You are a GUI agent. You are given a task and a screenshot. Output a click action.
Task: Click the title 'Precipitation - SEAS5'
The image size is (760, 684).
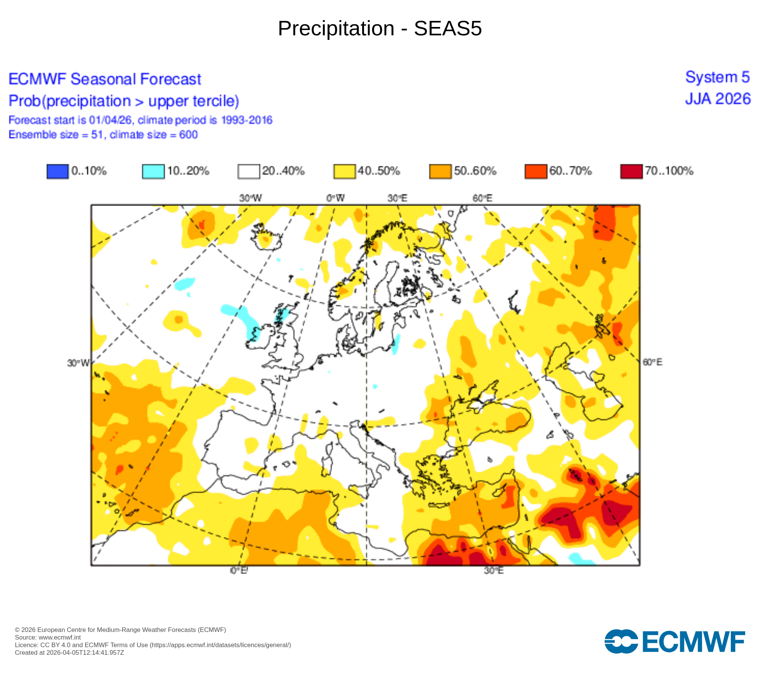click(x=380, y=28)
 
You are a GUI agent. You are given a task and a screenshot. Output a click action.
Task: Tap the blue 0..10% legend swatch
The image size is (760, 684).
click(x=57, y=171)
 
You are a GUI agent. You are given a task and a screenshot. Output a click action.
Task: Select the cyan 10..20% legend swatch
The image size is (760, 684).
click(x=153, y=171)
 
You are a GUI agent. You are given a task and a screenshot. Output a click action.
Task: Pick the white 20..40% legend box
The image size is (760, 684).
click(x=249, y=171)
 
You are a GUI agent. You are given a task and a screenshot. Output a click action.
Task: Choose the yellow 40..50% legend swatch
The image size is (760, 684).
click(x=344, y=171)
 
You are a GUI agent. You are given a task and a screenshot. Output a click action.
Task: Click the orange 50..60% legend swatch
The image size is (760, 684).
click(x=440, y=171)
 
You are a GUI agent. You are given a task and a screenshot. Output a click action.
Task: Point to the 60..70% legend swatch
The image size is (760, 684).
click(x=535, y=171)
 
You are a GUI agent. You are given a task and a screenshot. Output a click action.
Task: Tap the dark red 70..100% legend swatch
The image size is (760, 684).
click(x=631, y=171)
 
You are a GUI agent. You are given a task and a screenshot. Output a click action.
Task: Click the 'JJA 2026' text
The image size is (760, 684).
click(x=718, y=99)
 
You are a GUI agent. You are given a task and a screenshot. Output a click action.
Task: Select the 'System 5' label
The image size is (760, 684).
click(x=717, y=77)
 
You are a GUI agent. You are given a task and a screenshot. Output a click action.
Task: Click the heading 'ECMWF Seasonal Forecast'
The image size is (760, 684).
click(x=105, y=79)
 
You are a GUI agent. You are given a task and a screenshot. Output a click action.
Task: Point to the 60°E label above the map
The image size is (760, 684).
click(x=482, y=198)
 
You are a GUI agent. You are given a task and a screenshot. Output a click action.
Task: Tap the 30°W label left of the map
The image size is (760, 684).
click(x=78, y=363)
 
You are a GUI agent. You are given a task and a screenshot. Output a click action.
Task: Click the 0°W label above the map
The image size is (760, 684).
click(x=336, y=198)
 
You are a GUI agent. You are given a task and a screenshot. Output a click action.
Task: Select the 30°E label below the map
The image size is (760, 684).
click(x=494, y=571)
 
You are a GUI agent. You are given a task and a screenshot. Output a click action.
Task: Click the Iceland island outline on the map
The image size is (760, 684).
click(x=266, y=237)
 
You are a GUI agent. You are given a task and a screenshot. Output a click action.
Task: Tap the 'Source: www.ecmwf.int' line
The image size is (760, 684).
click(x=48, y=637)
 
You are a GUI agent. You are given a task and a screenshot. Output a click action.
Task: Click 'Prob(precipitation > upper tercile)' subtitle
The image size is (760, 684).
click(x=124, y=101)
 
